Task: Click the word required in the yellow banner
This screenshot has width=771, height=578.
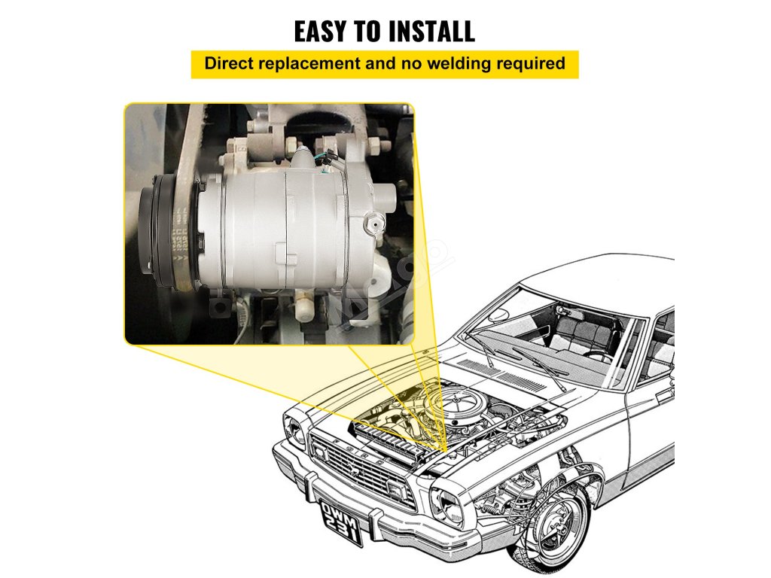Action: (530, 63)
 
